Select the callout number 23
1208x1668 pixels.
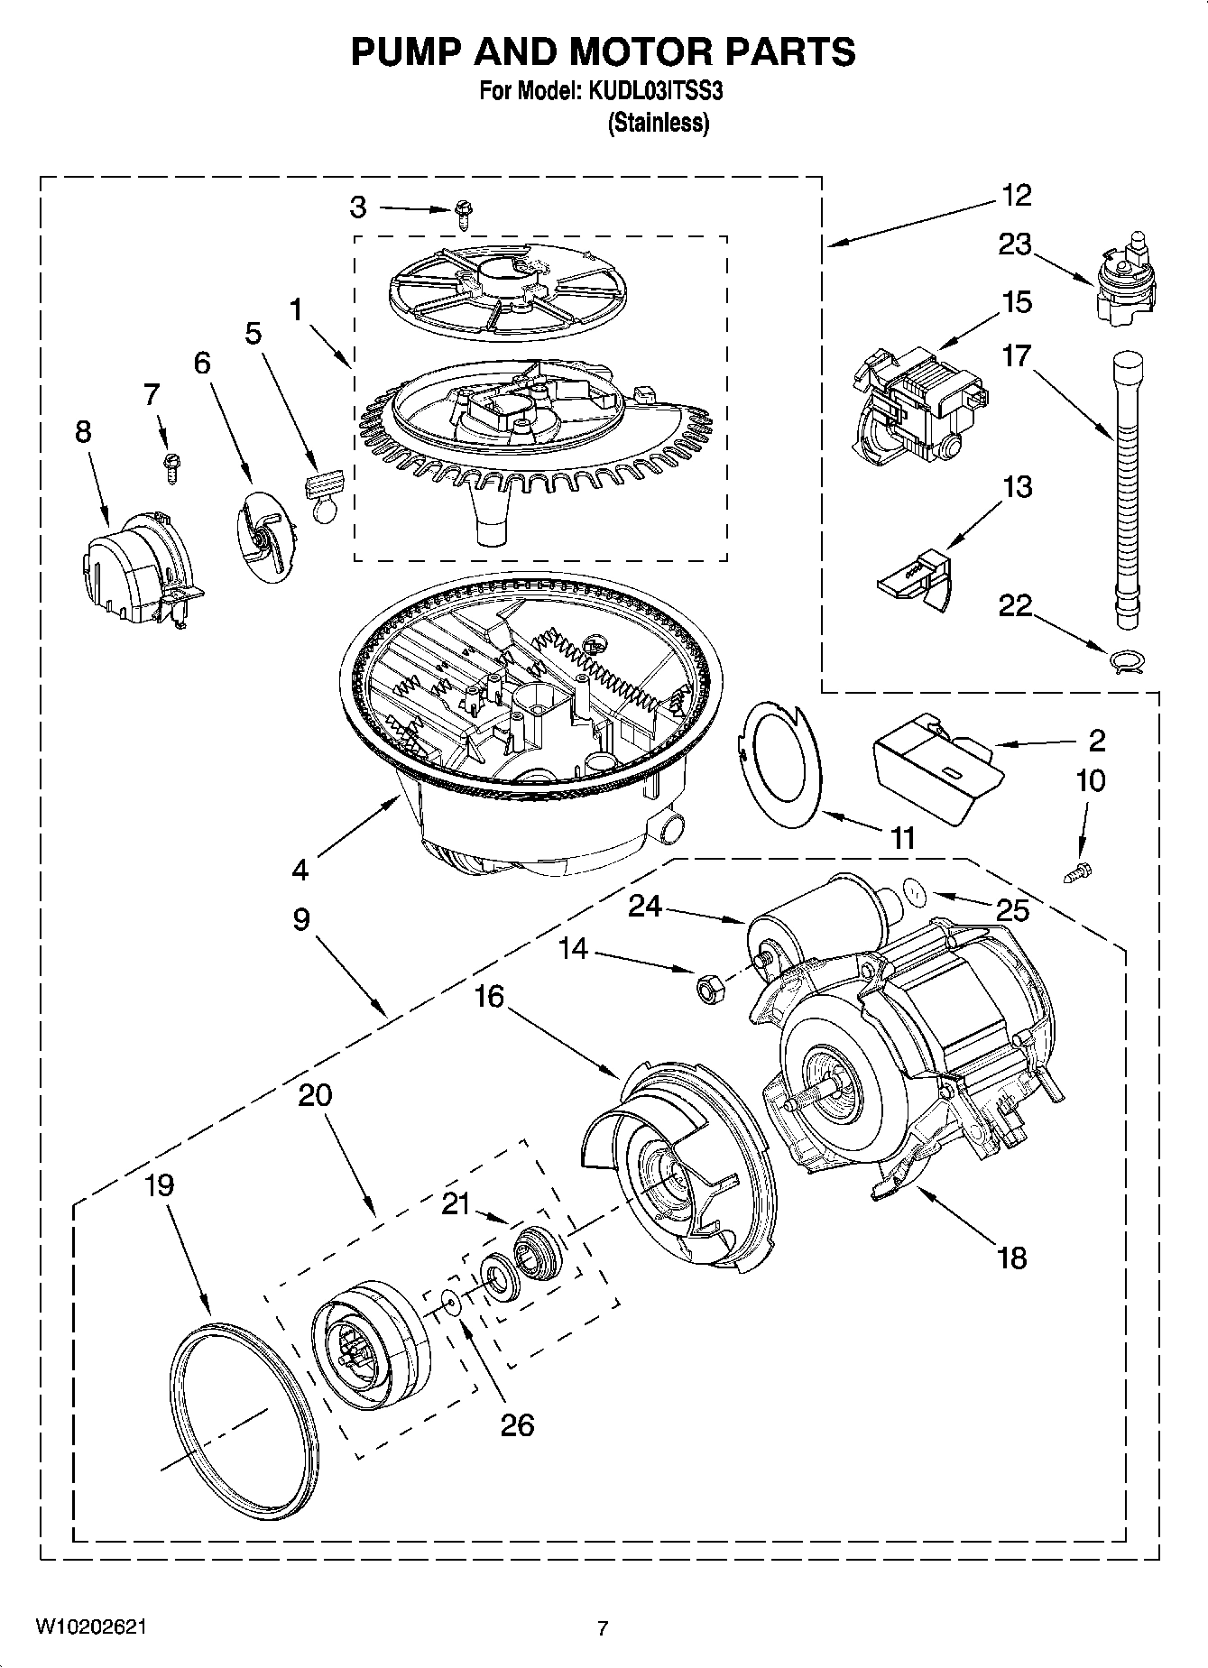pos(1014,244)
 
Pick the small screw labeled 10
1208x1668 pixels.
pos(1079,871)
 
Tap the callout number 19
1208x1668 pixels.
pos(159,1184)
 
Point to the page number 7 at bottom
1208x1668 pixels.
pos(603,1627)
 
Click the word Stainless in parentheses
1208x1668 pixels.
pos(659,123)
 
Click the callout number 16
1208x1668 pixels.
pos(488,996)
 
